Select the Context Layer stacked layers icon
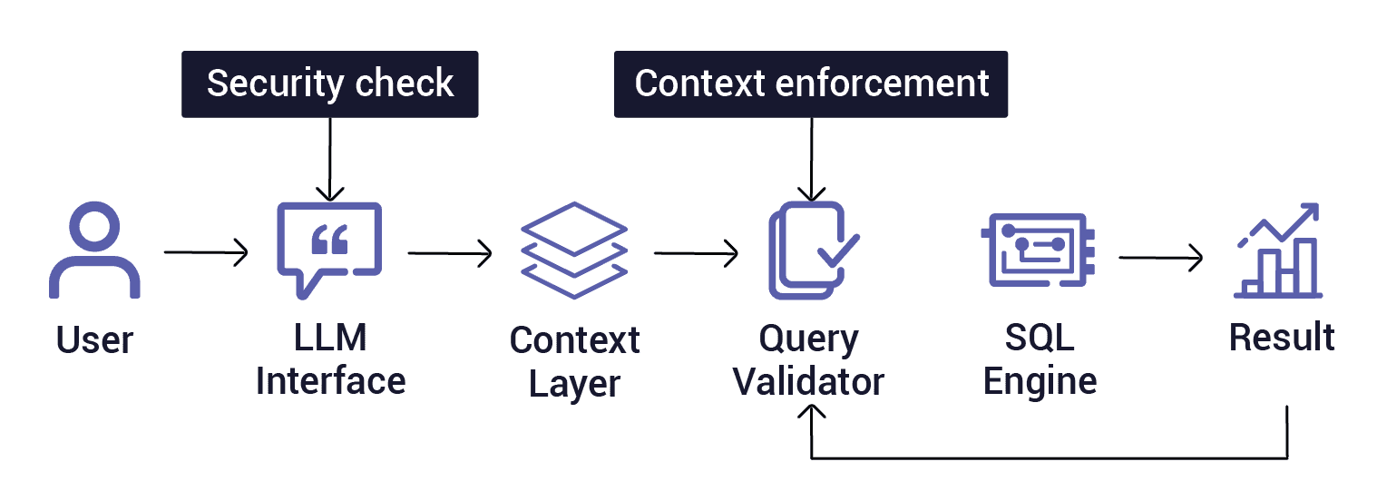pos(573,252)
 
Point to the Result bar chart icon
pos(1278,251)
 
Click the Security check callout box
pos(329,84)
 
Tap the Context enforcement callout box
pos(811,84)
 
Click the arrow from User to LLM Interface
pos(206,252)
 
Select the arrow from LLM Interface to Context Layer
pos(450,252)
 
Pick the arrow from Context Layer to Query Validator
pos(696,252)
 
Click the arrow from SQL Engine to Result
pos(1160,258)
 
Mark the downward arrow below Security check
pos(329,159)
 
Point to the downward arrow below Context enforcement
pos(812,159)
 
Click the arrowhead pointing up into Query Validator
pos(812,413)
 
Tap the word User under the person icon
pos(94,340)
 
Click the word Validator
pos(808,381)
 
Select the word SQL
pos(1040,339)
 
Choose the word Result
pos(1281,337)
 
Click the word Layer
pos(574,383)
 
